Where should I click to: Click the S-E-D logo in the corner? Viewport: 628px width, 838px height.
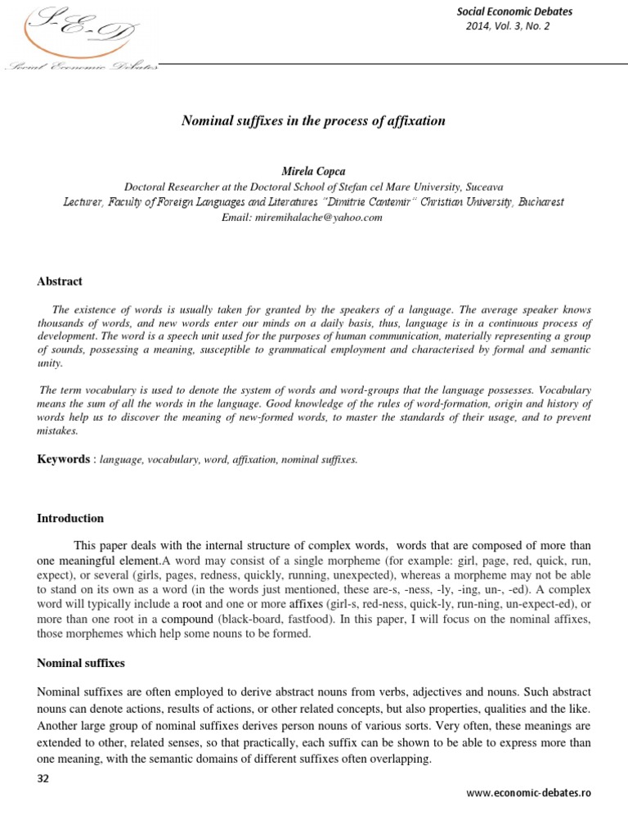(79, 38)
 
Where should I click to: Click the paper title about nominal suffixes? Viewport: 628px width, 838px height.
(313, 121)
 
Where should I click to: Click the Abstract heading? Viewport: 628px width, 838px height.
(60, 281)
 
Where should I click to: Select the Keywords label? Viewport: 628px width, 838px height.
(64, 459)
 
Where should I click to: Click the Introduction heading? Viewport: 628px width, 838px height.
(70, 518)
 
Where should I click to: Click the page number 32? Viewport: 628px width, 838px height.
(44, 779)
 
